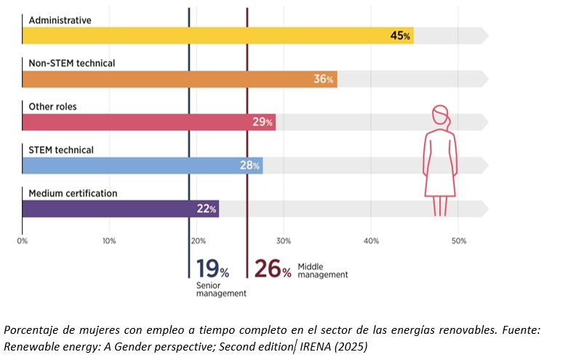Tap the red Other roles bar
pyautogui.click(x=145, y=122)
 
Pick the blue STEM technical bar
pyautogui.click(x=138, y=165)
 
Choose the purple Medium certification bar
pyautogui.click(x=116, y=209)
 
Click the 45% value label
pyautogui.click(x=401, y=36)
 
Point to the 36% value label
pyautogui.click(x=324, y=79)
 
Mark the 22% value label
pyautogui.click(x=207, y=209)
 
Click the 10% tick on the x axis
pyautogui.click(x=109, y=241)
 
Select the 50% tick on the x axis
pyautogui.click(x=458, y=241)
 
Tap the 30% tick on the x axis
pyautogui.click(x=284, y=241)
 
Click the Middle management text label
pyautogui.click(x=323, y=271)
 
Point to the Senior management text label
pyautogui.click(x=221, y=289)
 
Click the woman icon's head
pyautogui.click(x=441, y=117)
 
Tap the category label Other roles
pyautogui.click(x=52, y=106)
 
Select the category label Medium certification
pyautogui.click(x=73, y=193)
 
